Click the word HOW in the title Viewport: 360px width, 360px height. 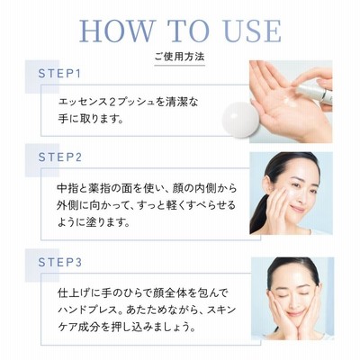116,31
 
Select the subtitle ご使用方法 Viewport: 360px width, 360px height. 180,57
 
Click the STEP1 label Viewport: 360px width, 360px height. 59,74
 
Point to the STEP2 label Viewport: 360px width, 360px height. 60,157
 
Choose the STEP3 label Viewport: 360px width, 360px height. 60,262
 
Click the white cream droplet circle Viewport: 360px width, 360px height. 240,120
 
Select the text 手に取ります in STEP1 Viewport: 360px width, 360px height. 87,120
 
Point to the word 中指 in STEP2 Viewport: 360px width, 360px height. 67,188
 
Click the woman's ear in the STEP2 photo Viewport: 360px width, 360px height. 266,184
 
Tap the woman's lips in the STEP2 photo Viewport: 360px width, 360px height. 297,209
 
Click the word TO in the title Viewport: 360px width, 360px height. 188,31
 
